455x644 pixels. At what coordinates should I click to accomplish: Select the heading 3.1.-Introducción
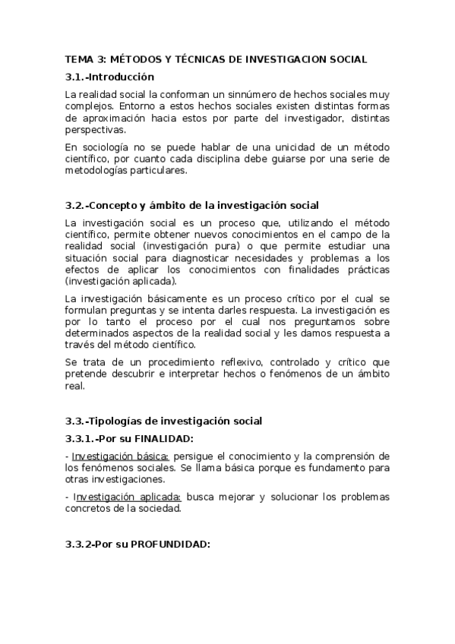[x=109, y=77]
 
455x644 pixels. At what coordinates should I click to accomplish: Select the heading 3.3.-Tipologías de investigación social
[x=163, y=421]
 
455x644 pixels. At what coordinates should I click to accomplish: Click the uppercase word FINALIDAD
[x=162, y=438]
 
